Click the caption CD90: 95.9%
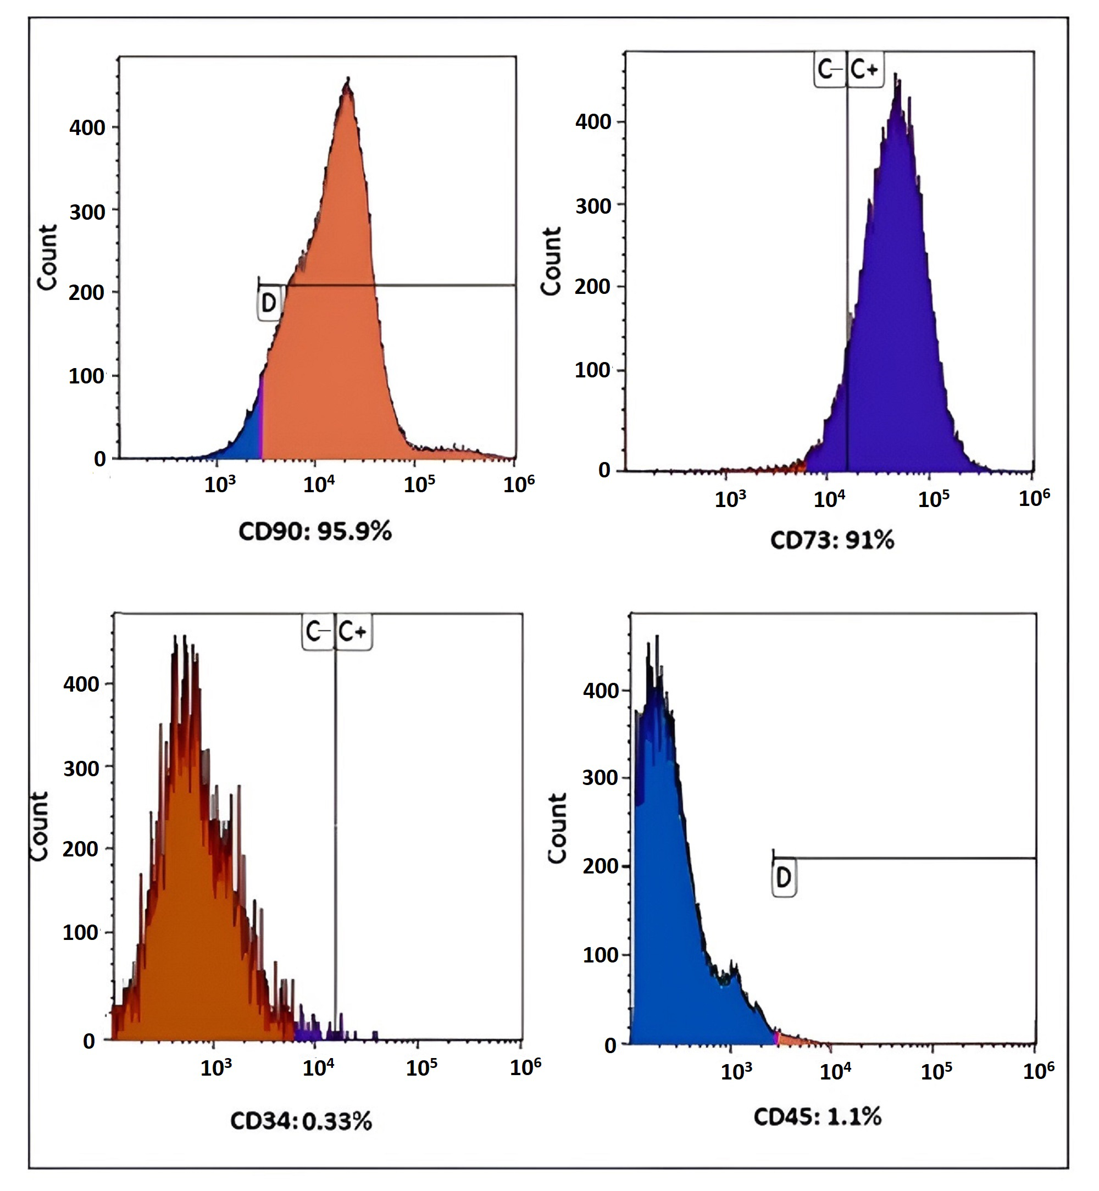point(315,531)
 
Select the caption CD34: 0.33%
point(301,1121)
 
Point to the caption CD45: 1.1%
point(817,1117)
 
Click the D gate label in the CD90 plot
point(269,303)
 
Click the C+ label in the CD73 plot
point(865,70)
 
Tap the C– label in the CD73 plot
point(830,70)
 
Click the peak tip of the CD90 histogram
point(348,79)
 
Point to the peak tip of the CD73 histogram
point(896,75)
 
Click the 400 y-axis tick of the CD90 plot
point(87,127)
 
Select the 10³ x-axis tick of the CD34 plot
point(216,1068)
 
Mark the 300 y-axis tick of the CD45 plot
point(600,777)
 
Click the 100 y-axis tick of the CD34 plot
point(80,932)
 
